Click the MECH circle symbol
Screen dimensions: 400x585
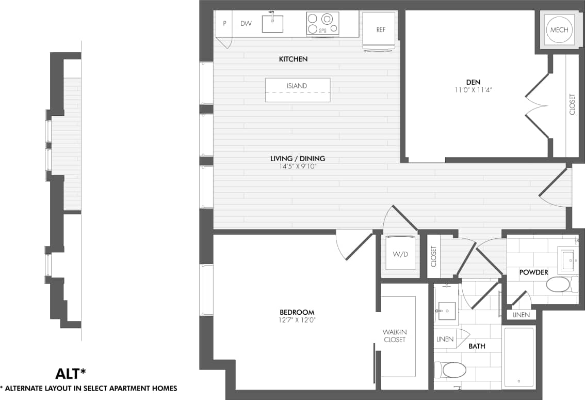point(559,30)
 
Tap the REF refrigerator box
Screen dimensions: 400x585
point(381,30)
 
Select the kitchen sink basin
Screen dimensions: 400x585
point(272,24)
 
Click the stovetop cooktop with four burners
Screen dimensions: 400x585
point(322,23)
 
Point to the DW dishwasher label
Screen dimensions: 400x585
point(246,23)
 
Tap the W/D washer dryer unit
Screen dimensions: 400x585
point(400,253)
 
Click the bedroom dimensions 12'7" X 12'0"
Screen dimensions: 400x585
point(297,320)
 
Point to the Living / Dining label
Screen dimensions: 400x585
point(298,159)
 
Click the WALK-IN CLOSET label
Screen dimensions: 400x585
point(394,336)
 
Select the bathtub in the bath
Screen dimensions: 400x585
point(518,357)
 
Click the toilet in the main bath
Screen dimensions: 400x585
point(451,370)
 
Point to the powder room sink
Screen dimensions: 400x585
point(568,258)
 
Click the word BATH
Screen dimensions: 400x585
point(477,346)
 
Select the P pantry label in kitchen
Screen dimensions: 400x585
point(225,23)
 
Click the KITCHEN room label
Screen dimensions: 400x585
point(293,59)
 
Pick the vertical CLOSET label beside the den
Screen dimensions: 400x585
point(572,104)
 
